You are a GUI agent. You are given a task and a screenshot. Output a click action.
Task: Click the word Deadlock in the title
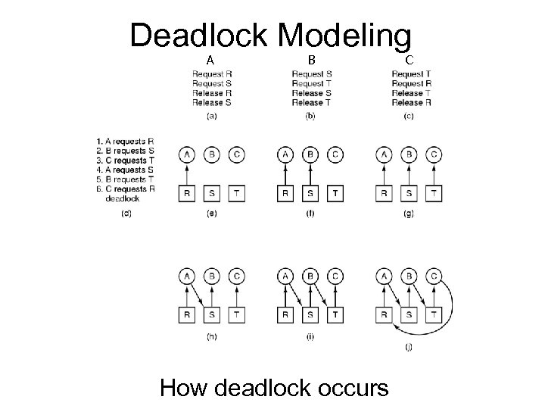click(x=198, y=36)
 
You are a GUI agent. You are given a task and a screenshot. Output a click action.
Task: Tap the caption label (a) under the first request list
click(x=211, y=116)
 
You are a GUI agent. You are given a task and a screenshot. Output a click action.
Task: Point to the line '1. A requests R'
click(x=125, y=141)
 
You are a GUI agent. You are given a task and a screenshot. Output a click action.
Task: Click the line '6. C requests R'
click(x=125, y=189)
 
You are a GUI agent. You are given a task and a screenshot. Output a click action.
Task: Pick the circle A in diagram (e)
click(x=187, y=155)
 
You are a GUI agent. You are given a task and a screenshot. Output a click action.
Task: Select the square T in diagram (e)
click(x=236, y=193)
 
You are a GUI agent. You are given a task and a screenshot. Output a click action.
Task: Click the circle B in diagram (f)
click(x=310, y=155)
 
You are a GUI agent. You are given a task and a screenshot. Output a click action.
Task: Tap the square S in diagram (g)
click(x=409, y=193)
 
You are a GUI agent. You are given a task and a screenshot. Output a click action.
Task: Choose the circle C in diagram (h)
click(x=236, y=276)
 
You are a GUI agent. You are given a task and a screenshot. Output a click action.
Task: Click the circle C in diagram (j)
click(x=434, y=276)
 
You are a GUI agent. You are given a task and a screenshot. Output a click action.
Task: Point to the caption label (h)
click(x=211, y=336)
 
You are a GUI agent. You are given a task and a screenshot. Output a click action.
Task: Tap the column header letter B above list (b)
click(x=311, y=60)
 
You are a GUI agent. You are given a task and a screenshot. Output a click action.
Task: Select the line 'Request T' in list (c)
click(x=410, y=74)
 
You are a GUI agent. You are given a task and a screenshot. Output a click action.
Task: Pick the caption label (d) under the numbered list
click(x=126, y=214)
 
